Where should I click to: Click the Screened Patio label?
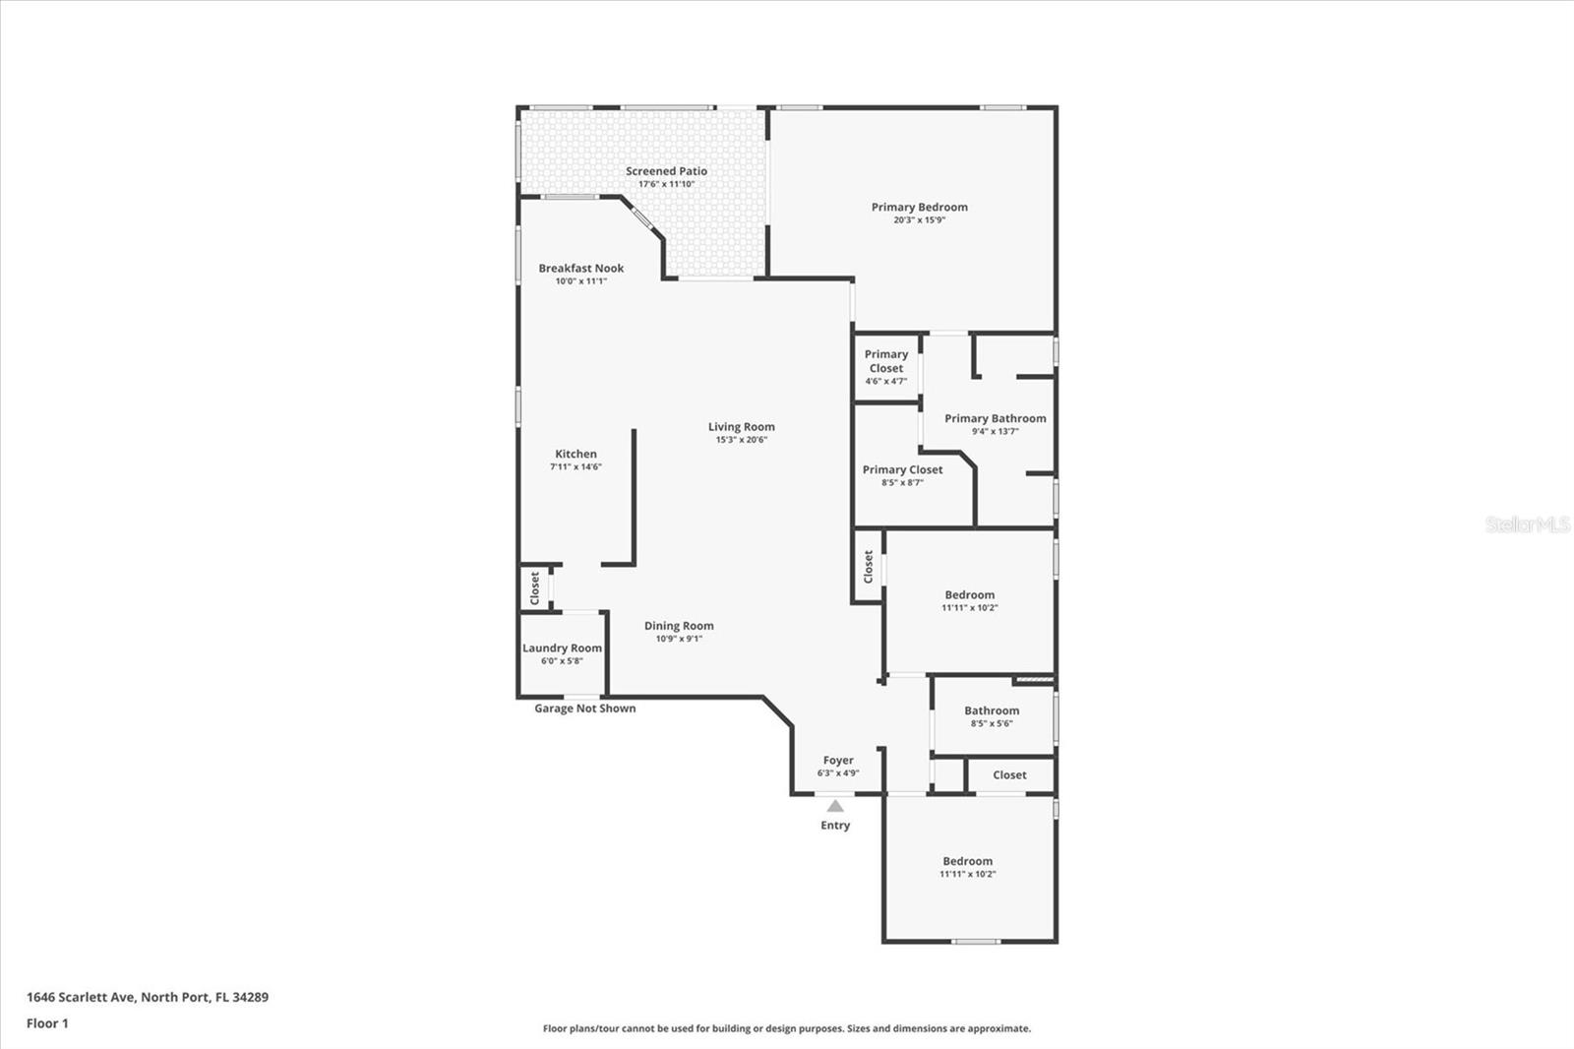click(x=666, y=171)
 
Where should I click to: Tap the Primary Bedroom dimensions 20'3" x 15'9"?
click(x=919, y=220)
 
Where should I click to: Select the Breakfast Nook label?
click(x=580, y=268)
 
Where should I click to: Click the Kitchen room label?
click(x=575, y=454)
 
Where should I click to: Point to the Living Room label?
click(x=741, y=426)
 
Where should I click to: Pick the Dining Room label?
click(x=679, y=626)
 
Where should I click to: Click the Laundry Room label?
click(x=562, y=648)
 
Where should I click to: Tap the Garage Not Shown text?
click(x=584, y=709)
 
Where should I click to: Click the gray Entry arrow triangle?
click(x=835, y=806)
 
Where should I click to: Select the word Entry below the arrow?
click(x=835, y=826)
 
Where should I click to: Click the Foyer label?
click(x=838, y=760)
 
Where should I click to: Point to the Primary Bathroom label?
click(x=995, y=418)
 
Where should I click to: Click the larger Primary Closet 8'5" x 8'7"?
click(x=902, y=469)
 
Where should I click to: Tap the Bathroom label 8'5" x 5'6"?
click(x=991, y=710)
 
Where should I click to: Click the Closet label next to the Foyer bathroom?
click(x=1009, y=775)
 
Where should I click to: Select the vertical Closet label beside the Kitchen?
click(x=535, y=587)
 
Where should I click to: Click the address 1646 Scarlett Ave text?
click(x=148, y=997)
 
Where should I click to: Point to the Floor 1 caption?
click(x=47, y=1023)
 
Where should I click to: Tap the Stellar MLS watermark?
click(x=1528, y=524)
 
